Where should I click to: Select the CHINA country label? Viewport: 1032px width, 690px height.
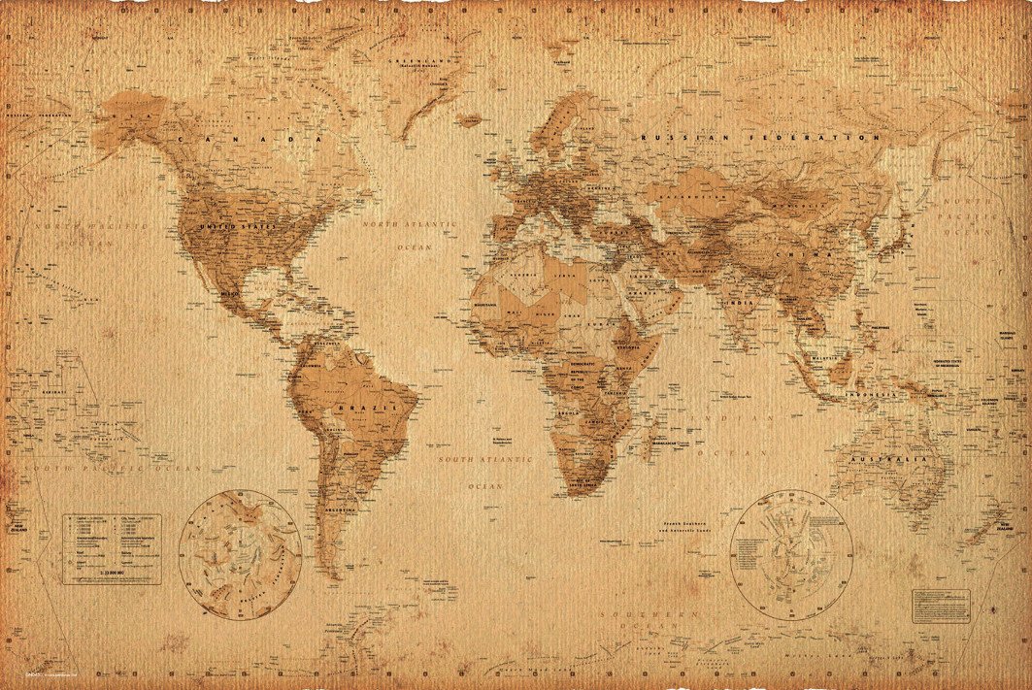pos(817,254)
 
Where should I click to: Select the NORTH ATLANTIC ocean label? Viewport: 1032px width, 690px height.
pos(409,224)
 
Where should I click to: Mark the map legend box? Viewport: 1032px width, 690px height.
pos(113,549)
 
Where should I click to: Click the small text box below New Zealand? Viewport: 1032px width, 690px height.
pos(940,605)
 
